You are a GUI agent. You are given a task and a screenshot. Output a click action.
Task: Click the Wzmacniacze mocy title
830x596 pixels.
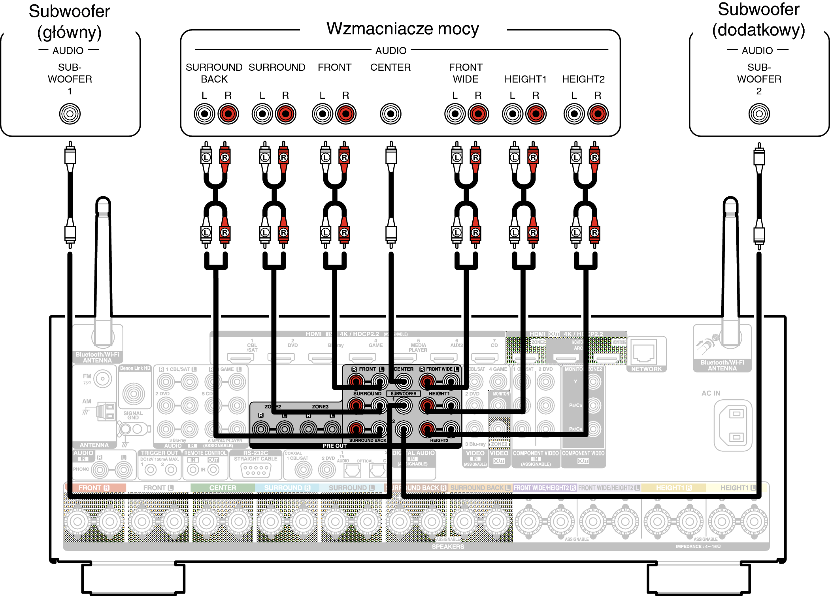[x=402, y=29]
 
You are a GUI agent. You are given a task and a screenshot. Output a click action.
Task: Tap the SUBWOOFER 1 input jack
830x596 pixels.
[x=70, y=114]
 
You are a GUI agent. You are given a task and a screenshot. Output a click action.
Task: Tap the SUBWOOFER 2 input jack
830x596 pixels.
[x=759, y=114]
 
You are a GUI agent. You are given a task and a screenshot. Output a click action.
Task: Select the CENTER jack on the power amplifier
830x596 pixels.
[x=390, y=114]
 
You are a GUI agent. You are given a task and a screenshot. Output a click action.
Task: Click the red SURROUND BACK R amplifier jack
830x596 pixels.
[x=228, y=114]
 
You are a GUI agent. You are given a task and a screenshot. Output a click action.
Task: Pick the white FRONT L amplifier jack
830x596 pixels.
[x=323, y=114]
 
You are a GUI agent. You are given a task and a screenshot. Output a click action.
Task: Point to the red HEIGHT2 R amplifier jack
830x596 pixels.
[x=598, y=114]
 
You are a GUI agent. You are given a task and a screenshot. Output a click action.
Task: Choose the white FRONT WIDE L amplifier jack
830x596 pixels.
[x=455, y=114]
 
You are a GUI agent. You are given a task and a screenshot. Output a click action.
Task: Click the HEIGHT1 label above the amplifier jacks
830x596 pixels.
[x=525, y=79]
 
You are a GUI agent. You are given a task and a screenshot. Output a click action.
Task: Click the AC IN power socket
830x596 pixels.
[x=733, y=425]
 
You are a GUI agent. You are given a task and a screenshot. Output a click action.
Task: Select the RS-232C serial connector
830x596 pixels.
[x=256, y=470]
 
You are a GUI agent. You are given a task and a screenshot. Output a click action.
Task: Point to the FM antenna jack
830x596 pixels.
[x=103, y=379]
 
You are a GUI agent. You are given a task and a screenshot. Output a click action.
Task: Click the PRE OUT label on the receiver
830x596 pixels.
[x=334, y=446]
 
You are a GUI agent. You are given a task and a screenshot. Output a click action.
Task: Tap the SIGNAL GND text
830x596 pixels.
[x=133, y=415]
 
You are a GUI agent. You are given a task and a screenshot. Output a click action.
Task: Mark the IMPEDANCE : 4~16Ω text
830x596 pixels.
[x=698, y=547]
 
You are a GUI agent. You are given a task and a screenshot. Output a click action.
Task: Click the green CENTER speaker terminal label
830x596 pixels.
[x=223, y=488]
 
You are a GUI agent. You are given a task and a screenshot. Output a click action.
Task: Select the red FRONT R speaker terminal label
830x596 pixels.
[x=94, y=488]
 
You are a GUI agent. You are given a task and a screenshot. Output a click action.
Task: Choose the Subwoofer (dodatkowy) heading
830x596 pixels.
[x=758, y=20]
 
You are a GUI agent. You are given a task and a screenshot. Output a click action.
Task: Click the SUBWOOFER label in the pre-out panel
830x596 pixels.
[x=403, y=394]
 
